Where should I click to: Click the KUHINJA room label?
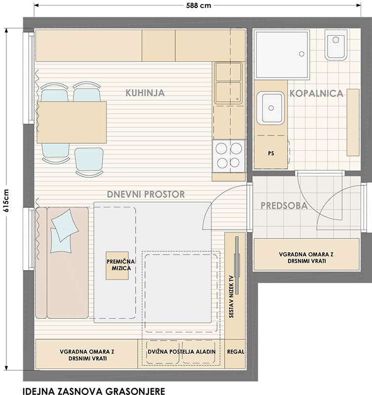(145, 93)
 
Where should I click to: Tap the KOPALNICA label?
(316, 93)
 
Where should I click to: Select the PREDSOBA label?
(284, 205)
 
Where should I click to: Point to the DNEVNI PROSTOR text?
(146, 194)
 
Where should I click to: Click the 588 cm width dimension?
(199, 5)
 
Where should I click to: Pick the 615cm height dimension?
(6, 200)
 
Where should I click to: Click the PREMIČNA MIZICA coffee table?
(117, 266)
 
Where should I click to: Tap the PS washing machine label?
(271, 153)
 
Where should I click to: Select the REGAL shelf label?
(235, 352)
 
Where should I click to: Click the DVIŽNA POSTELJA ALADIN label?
(182, 352)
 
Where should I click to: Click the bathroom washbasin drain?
(271, 108)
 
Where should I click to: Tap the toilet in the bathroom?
(336, 45)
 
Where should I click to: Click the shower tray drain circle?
(301, 54)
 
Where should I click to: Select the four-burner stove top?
(229, 156)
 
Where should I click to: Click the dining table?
(72, 122)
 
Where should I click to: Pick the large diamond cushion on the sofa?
(65, 225)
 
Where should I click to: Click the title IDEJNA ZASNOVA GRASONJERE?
(94, 391)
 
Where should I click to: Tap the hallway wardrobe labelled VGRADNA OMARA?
(306, 255)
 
